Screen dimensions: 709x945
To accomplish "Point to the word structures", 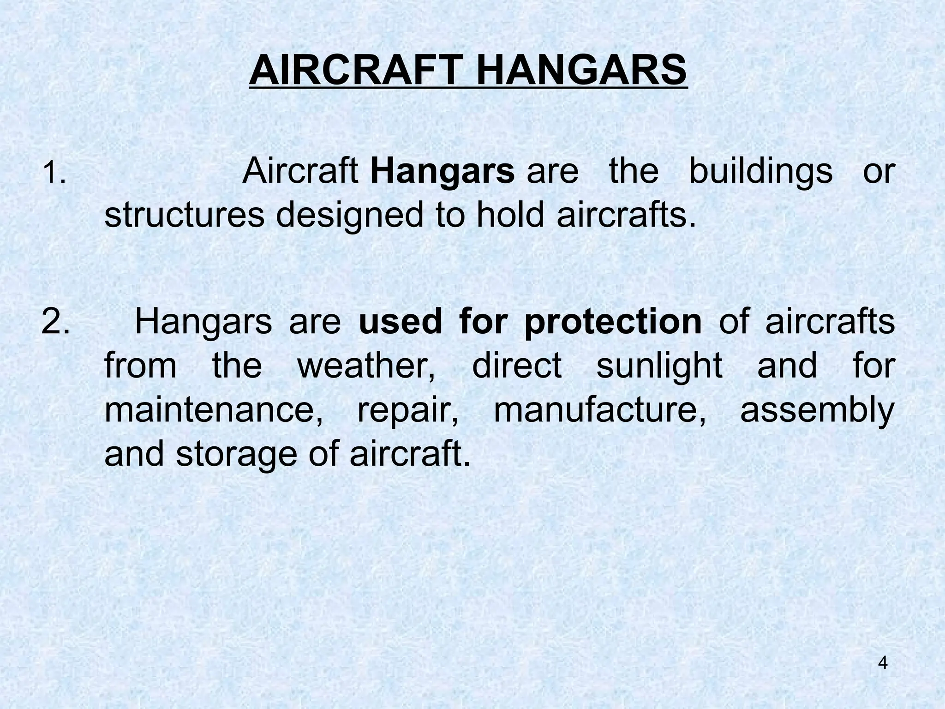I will pyautogui.click(x=185, y=216).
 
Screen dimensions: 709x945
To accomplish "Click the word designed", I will pyautogui.click(x=349, y=216).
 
